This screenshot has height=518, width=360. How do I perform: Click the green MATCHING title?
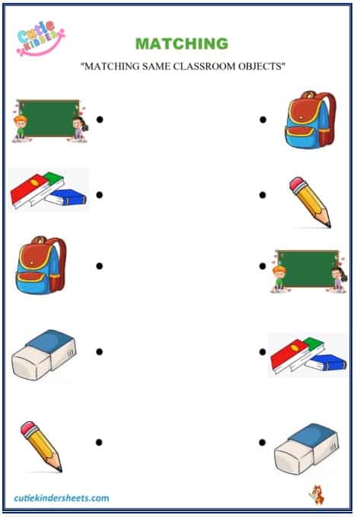(182, 43)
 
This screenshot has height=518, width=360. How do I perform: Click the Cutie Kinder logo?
(40, 37)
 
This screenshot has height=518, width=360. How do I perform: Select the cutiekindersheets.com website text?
(62, 498)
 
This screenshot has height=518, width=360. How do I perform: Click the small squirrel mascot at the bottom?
(317, 494)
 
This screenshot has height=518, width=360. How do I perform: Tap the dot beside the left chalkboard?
(100, 120)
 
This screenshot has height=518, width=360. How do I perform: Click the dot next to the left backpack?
(99, 266)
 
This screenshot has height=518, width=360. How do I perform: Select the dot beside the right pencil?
(263, 195)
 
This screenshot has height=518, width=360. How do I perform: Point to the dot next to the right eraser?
(262, 442)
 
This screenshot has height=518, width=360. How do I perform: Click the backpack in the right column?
(311, 119)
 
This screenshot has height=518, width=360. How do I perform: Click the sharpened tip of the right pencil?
(328, 225)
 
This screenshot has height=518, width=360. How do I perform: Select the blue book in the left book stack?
(66, 197)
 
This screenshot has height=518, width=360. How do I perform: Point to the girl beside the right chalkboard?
(338, 280)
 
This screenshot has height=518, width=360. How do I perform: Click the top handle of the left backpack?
(40, 239)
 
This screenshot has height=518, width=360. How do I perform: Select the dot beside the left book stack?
(99, 194)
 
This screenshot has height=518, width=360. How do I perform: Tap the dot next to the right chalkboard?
(263, 266)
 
